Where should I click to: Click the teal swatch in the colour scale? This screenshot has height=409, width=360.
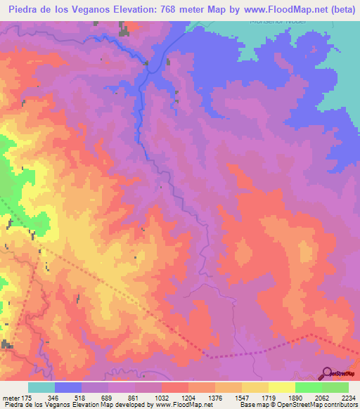[41, 387]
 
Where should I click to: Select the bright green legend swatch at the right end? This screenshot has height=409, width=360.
[335, 387]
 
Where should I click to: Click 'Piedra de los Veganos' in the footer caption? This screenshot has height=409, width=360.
[33, 405]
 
